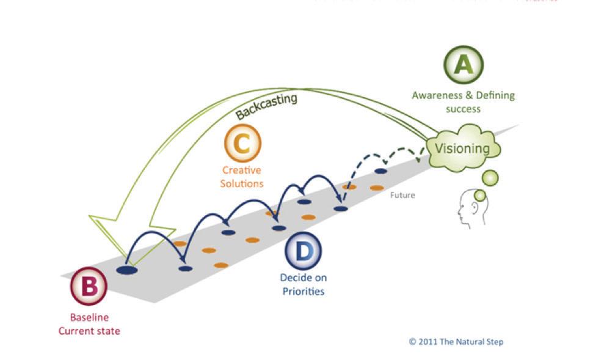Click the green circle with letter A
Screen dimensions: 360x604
click(x=463, y=65)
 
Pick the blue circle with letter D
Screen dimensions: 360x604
click(x=303, y=250)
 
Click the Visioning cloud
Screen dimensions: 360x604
click(x=462, y=149)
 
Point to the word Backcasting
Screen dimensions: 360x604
click(x=266, y=106)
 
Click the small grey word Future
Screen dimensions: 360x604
click(x=402, y=196)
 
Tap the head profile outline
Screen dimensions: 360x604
click(x=471, y=208)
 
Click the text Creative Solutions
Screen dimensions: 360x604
click(x=242, y=177)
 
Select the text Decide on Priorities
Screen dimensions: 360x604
click(x=303, y=284)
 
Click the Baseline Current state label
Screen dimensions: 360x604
click(x=89, y=325)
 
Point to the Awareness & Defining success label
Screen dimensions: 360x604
click(x=463, y=102)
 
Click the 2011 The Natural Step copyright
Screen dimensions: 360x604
click(x=456, y=342)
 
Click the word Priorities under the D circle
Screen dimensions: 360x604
click(x=303, y=291)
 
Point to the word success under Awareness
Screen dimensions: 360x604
click(x=463, y=109)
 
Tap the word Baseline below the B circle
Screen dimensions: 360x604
click(x=89, y=318)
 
